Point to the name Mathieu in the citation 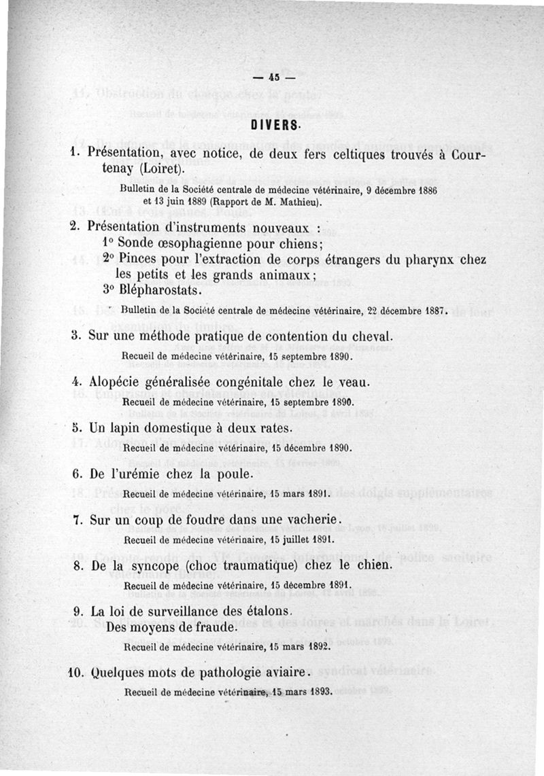[x=291, y=201]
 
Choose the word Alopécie [x=117, y=383]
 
